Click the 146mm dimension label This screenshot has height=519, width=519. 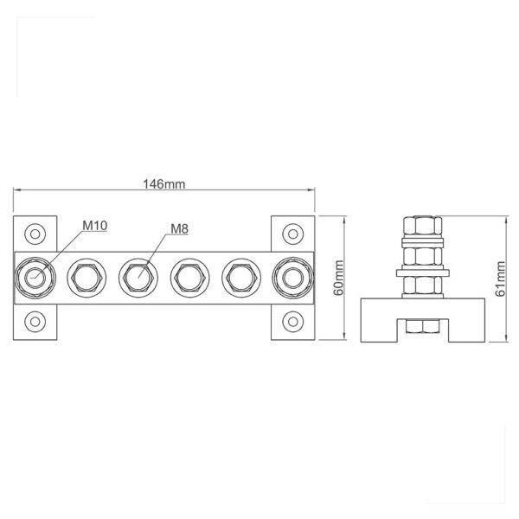163,184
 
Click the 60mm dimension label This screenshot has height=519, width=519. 339,278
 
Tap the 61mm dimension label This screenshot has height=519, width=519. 501,279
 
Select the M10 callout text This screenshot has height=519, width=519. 95,226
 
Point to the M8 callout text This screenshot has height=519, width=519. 179,228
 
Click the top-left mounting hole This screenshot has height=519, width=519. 35,234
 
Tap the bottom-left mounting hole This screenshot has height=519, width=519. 35,322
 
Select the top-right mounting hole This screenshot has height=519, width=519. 293,234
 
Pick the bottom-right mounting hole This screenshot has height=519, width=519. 293,322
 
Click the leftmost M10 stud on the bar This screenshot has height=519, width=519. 35,278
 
